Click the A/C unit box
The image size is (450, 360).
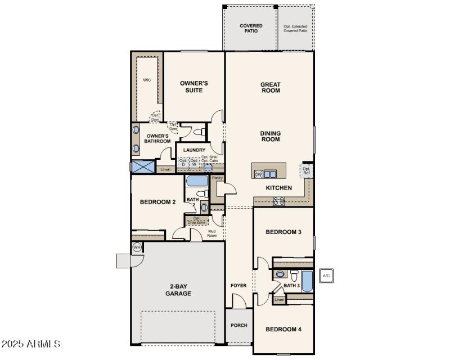327,276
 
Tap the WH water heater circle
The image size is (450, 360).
137,247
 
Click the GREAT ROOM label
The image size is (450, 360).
270,87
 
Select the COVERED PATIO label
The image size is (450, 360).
251,28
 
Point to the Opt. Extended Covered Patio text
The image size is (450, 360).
295,28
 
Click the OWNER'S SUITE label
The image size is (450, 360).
193,87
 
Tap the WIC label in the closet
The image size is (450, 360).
147,80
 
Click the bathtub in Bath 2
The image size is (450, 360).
197,182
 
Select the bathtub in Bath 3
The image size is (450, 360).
307,281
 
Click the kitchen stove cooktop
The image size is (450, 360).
279,201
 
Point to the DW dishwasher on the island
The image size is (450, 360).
259,174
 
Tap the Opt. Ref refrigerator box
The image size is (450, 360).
307,170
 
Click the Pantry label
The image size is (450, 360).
217,178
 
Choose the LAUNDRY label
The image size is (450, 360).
193,150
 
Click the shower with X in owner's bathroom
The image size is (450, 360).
142,167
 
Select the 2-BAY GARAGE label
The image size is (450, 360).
178,290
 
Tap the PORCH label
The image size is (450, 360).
239,325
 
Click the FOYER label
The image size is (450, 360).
238,286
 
